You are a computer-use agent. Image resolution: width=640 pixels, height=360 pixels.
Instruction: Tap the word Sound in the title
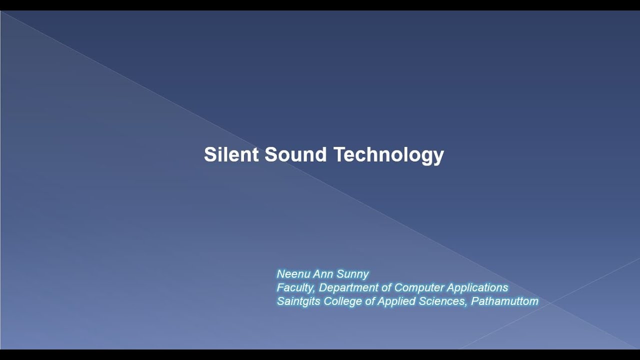click(295, 154)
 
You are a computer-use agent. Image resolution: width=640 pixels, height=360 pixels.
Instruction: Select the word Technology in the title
click(388, 154)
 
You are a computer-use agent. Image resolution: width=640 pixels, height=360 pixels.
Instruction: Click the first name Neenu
click(290, 274)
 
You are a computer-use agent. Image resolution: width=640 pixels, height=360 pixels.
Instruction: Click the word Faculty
click(295, 287)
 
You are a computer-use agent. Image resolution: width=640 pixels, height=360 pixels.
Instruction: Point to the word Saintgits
click(298, 301)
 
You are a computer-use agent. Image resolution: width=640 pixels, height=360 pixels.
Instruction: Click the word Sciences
click(440, 301)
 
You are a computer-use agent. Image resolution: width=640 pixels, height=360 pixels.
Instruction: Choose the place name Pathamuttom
click(504, 301)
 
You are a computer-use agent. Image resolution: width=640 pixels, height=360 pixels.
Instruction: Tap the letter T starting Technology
click(338, 154)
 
